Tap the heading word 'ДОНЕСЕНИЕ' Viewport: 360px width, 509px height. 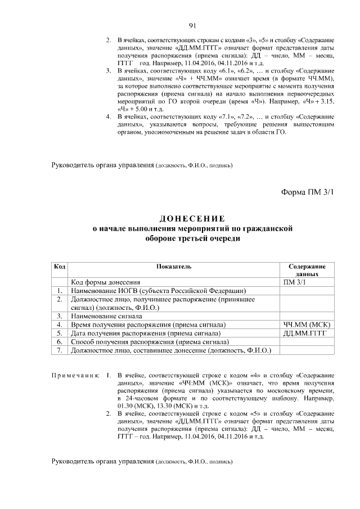192,218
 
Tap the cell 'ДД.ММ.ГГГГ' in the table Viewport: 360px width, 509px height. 304,334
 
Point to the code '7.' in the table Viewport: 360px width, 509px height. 59,350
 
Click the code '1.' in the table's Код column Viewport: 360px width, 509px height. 59,291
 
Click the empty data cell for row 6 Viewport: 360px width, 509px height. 307,342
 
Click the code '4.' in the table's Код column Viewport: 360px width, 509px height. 59,325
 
